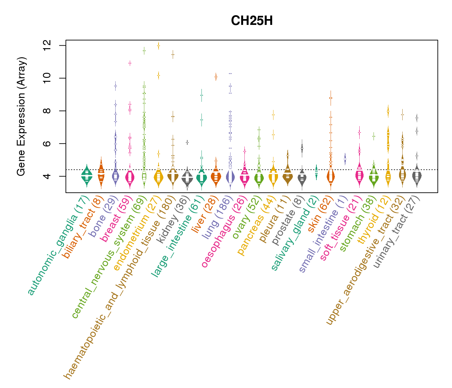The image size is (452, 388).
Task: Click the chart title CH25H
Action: pyautogui.click(x=252, y=21)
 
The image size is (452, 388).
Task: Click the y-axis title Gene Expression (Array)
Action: pyautogui.click(x=21, y=116)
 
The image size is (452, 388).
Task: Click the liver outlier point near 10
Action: pyautogui.click(x=216, y=77)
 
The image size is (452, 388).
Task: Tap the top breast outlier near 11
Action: pyautogui.click(x=130, y=63)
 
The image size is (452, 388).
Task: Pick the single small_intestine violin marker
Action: pyautogui.click(x=345, y=159)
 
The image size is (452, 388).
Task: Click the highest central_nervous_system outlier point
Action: pyautogui.click(x=144, y=51)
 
